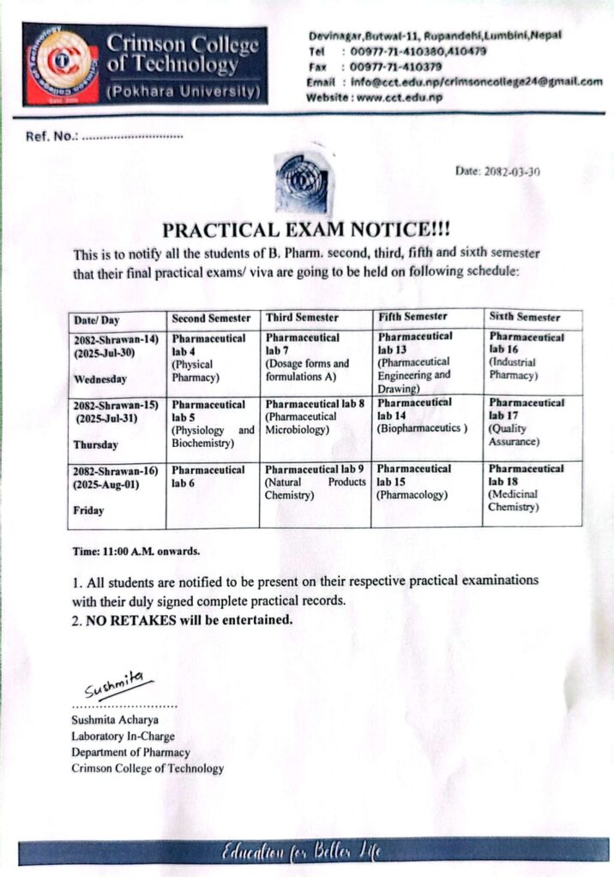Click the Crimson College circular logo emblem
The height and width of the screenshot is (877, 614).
61,62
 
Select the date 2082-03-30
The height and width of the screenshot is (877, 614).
497,171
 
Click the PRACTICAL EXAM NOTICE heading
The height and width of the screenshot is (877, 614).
306,230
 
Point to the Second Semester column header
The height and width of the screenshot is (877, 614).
212,318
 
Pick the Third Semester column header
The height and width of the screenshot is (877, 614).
302,318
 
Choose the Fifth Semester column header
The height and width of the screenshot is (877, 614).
412,317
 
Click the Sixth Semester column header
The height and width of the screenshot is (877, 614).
525,316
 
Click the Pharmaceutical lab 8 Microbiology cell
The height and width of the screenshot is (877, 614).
315,416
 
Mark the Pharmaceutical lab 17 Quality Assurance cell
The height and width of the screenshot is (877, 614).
527,422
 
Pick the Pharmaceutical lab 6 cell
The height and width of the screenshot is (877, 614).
208,476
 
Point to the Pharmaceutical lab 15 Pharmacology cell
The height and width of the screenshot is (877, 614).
414,481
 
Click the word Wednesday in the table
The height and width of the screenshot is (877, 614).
100,379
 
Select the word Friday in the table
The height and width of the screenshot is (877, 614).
88,510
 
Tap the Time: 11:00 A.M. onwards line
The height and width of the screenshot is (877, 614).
135,551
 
